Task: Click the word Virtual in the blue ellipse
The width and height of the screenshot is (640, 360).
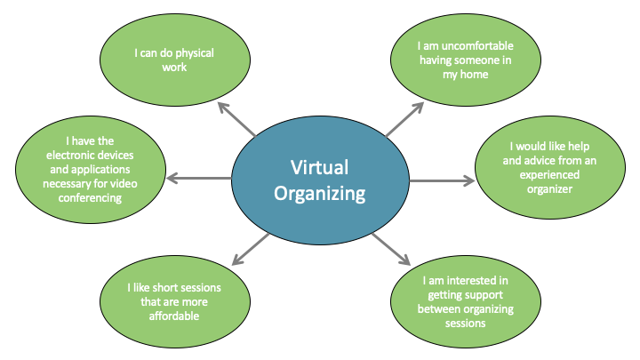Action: [x=320, y=167]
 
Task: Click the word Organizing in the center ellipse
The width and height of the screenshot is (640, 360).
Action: [x=320, y=194]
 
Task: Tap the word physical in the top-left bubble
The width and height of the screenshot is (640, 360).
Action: [x=195, y=53]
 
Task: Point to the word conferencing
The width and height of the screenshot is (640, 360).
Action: [x=90, y=198]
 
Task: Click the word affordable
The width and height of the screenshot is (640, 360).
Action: [x=174, y=316]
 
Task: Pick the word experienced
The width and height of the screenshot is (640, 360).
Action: [x=549, y=175]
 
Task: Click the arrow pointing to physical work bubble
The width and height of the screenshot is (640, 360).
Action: [x=236, y=119]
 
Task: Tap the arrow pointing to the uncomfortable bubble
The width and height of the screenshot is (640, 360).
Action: [x=405, y=119]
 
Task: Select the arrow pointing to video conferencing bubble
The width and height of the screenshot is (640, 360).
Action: [x=199, y=179]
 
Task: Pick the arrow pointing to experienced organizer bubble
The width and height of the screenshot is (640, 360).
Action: [x=443, y=180]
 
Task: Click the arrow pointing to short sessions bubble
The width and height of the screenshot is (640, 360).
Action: [x=250, y=250]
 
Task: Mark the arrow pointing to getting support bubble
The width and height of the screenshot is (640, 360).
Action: [x=391, y=249]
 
